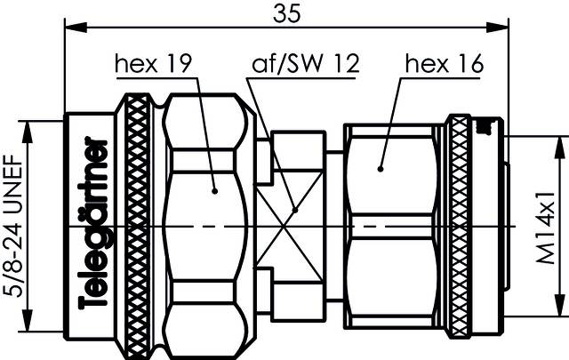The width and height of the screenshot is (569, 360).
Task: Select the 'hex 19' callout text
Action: tap(155, 63)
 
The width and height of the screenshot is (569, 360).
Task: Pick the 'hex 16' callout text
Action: tap(442, 63)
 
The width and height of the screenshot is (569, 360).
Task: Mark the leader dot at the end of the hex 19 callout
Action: tap(214, 188)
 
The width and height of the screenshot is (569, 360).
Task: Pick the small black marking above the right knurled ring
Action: tap(485, 129)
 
